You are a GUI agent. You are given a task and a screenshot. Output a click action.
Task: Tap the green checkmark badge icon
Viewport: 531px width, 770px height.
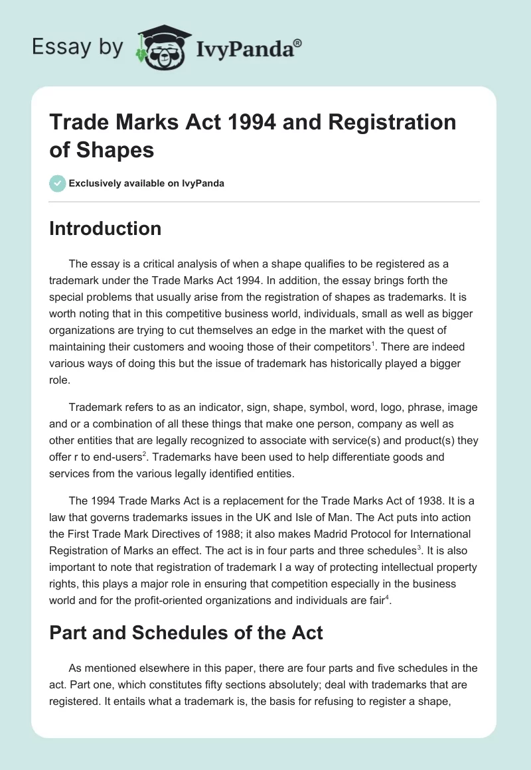click(x=58, y=183)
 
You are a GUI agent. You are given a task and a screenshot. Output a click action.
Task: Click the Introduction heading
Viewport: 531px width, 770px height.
click(x=106, y=228)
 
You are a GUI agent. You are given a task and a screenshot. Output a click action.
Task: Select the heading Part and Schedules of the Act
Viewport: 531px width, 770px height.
click(x=187, y=632)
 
